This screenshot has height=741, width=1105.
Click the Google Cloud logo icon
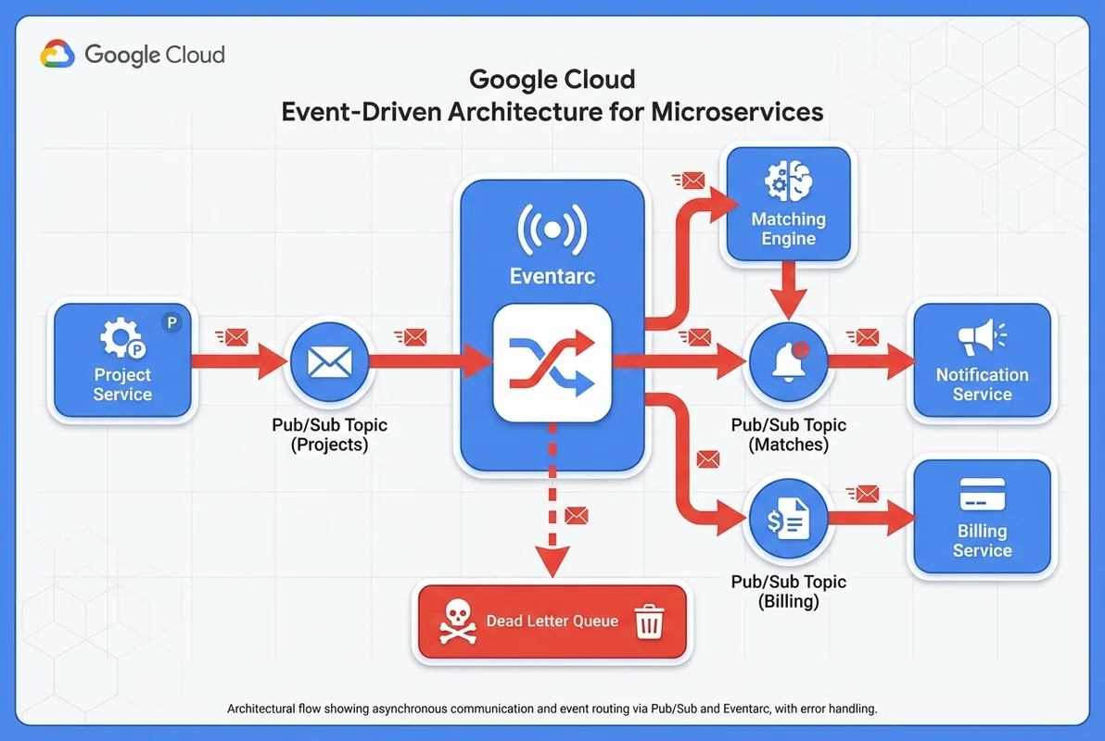[57, 55]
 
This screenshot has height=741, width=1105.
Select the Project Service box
[122, 361]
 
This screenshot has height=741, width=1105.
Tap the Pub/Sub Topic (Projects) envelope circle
[328, 361]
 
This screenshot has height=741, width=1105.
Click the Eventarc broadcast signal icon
[552, 230]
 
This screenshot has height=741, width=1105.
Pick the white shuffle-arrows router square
[552, 362]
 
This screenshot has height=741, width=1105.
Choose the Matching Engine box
[788, 205]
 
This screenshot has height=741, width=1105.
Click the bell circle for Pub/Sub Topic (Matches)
[788, 361]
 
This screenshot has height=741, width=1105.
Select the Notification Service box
[982, 361]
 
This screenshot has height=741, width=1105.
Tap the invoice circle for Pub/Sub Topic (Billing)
[788, 521]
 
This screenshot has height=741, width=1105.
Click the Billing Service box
[982, 519]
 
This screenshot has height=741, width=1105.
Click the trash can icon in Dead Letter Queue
[649, 622]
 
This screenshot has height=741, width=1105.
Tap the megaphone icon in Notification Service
[982, 336]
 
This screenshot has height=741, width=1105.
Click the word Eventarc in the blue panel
[552, 276]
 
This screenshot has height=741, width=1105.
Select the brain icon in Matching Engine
[788, 181]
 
